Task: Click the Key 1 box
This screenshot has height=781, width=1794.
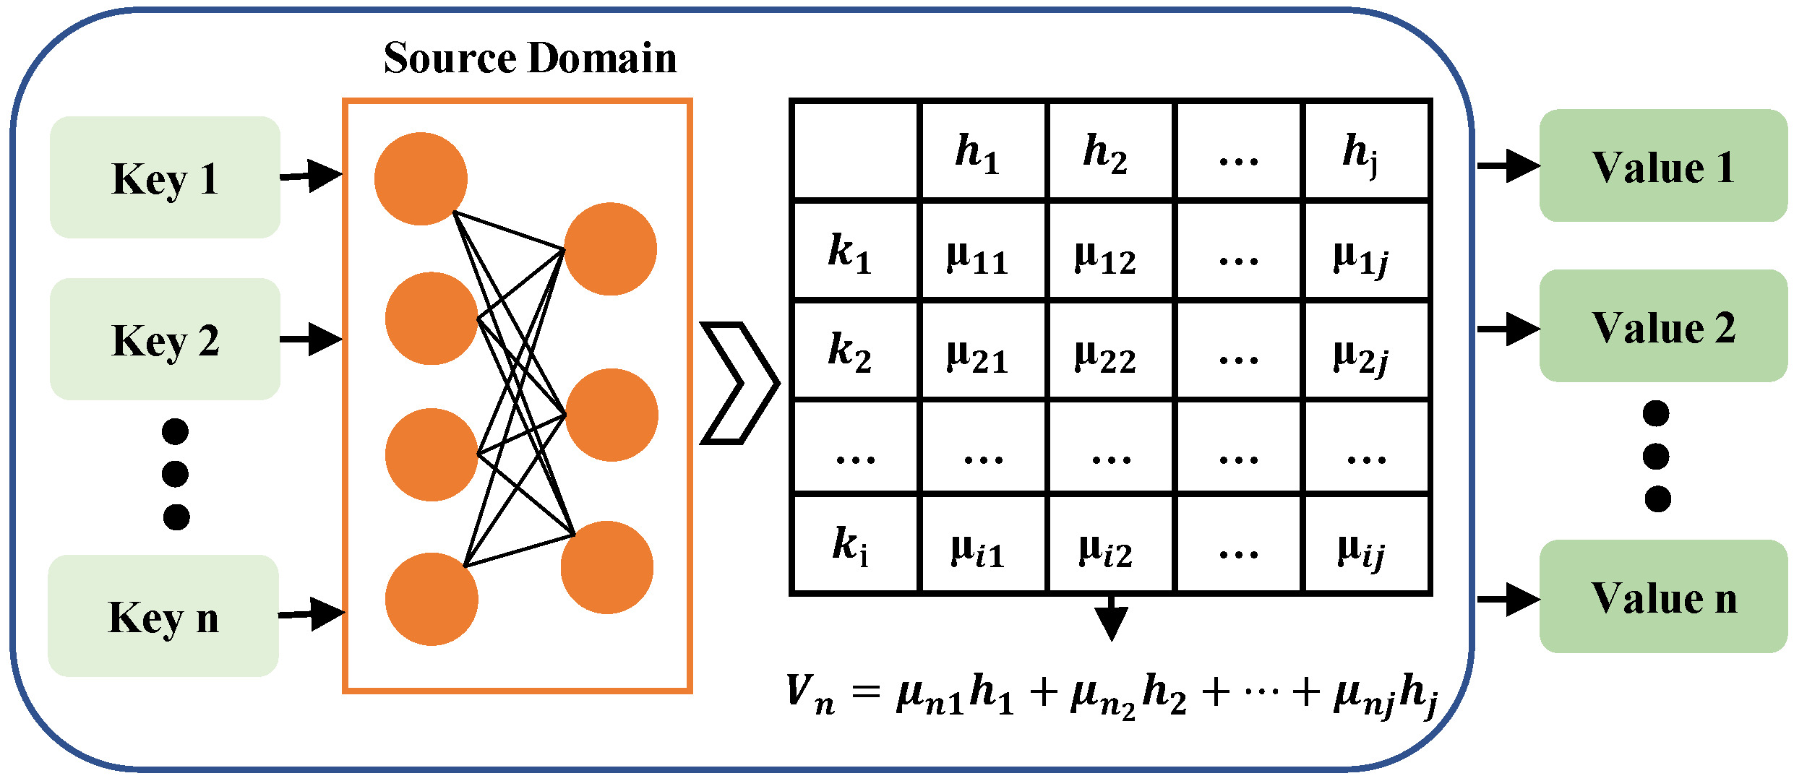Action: tap(165, 178)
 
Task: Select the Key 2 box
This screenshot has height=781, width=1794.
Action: tap(165, 340)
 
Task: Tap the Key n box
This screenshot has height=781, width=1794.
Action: tap(163, 616)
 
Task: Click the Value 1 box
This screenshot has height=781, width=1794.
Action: tap(1662, 166)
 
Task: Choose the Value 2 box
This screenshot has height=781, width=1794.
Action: tap(1662, 327)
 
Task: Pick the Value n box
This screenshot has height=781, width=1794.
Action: tap(1662, 597)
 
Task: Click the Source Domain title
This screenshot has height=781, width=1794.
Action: tap(530, 58)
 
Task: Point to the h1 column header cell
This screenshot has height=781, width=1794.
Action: tap(982, 152)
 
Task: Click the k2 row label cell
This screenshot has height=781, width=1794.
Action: tap(854, 350)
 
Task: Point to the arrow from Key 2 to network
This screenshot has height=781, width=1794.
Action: tap(312, 339)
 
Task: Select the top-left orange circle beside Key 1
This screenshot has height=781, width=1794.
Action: tap(421, 178)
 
